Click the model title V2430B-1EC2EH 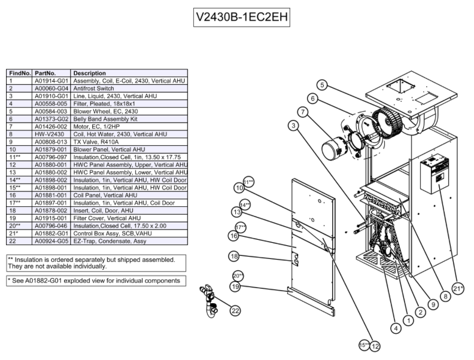[x=242, y=17]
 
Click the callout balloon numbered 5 [x=322, y=85]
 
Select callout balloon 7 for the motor [x=303, y=111]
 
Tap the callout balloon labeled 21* [x=458, y=288]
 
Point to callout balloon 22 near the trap [x=235, y=310]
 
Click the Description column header [x=90, y=72]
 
